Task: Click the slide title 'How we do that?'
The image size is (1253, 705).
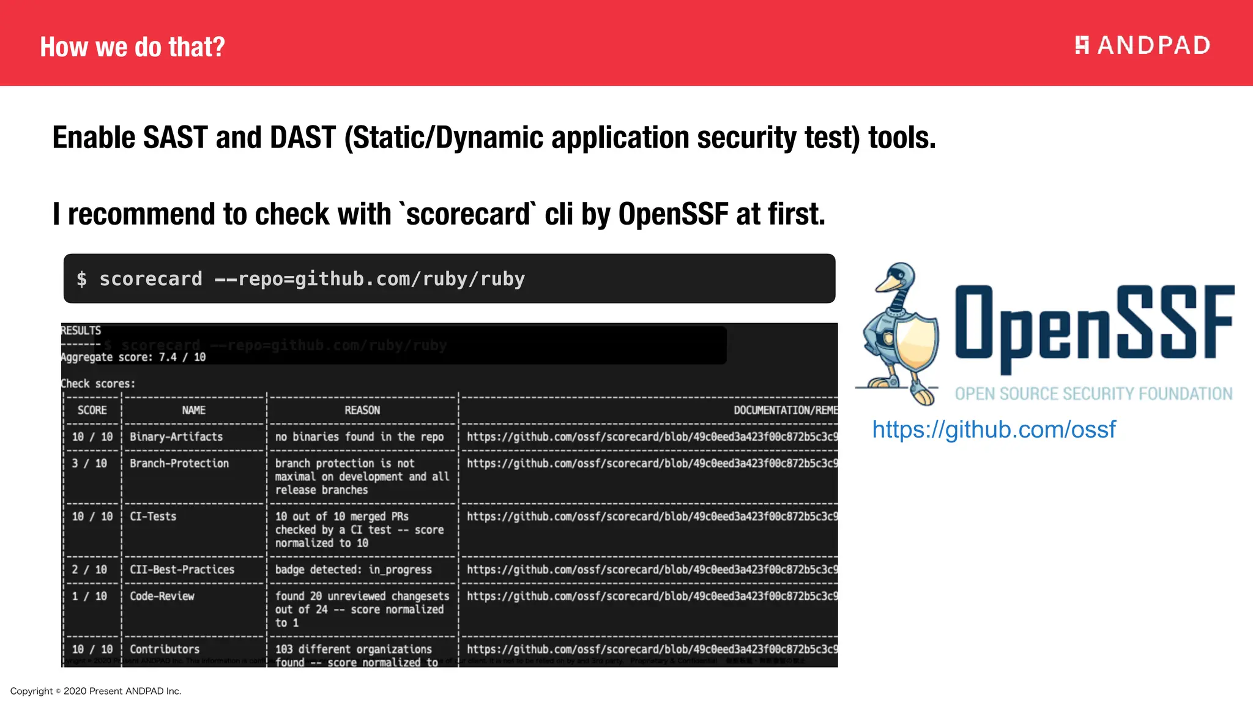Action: (132, 47)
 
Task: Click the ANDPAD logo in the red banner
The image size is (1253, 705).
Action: (1142, 45)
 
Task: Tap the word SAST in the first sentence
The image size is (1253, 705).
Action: (175, 137)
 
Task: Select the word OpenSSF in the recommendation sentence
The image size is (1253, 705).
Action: (673, 214)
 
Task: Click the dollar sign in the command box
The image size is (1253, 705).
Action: (81, 280)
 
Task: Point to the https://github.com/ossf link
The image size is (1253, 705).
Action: (994, 430)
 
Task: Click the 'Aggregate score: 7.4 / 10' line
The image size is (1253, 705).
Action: (133, 357)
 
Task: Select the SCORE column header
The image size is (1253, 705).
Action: (92, 411)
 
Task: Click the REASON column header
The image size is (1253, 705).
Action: (362, 411)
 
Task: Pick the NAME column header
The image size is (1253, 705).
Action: (193, 411)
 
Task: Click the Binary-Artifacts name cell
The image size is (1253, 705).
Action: (176, 437)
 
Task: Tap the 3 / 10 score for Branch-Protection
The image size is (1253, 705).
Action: (89, 464)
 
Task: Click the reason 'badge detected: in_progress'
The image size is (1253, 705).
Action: (353, 570)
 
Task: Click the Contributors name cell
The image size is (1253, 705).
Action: (165, 649)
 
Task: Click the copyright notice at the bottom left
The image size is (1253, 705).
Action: (95, 691)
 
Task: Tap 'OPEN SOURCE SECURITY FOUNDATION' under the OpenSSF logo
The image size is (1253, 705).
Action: (1093, 394)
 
